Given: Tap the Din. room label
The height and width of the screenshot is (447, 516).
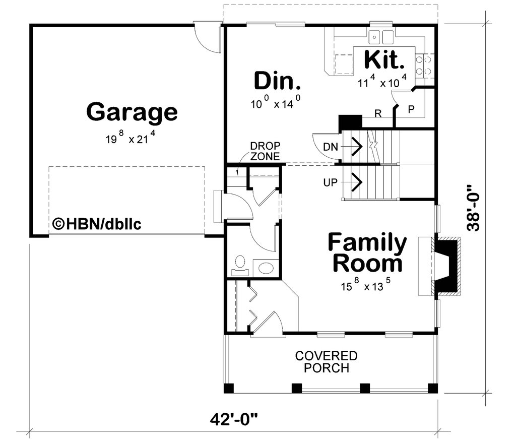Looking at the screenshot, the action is coord(277,81).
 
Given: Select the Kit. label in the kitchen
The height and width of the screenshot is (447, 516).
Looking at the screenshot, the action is coord(384,59).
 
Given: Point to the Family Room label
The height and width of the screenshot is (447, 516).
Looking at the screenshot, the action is coord(367,252).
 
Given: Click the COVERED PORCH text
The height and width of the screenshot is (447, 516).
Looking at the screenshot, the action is coord(326,362).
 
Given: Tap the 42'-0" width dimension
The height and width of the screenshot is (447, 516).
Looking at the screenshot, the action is coord(234,420).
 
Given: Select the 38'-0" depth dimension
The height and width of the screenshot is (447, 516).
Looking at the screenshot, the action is coord(474,208).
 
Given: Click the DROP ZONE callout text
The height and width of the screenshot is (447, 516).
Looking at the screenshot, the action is coord(265,151).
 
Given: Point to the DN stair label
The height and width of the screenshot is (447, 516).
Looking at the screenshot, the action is coord(331,147).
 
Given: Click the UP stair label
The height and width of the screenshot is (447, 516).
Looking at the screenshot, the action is coord(330,182).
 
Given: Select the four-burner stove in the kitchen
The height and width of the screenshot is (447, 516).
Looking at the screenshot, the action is coord(423,66).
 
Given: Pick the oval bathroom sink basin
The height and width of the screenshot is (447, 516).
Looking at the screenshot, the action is coord(266,268).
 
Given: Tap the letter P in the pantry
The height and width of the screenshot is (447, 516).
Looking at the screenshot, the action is coord(411,109).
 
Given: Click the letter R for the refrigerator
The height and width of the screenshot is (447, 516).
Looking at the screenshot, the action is coord(378,113).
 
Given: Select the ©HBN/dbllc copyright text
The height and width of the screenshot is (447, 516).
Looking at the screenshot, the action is coord(97,224).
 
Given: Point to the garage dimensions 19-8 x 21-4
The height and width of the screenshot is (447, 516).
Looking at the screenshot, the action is coord(130,137).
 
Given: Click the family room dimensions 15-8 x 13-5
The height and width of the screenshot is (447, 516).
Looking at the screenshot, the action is coord(366,285).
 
